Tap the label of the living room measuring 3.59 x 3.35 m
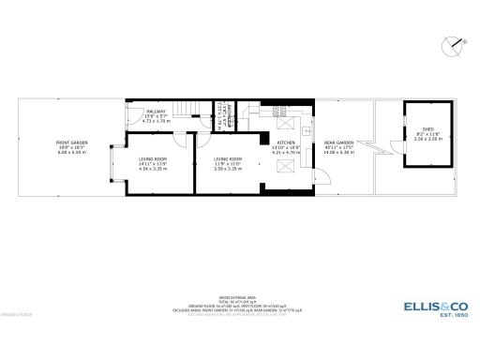tap(228, 160)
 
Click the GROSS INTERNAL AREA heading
tap(239, 294)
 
